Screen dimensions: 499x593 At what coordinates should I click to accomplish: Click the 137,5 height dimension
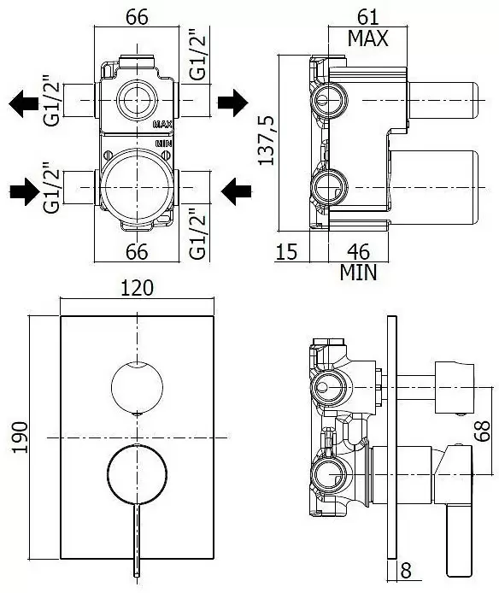pos(267,140)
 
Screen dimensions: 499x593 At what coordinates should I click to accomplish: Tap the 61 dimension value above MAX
pos(368,16)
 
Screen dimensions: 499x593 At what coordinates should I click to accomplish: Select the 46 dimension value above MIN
pos(358,251)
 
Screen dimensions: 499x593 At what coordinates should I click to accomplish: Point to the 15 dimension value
pos(287,251)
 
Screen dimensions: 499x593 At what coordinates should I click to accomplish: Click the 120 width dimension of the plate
pos(137,288)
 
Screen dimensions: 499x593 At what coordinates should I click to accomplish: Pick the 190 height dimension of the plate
pos(20,437)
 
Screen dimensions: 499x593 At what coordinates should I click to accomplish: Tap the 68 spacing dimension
pos(483,431)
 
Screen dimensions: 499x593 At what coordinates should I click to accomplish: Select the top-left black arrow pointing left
pos(23,103)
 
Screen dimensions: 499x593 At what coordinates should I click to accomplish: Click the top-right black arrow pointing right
pos(233,103)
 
